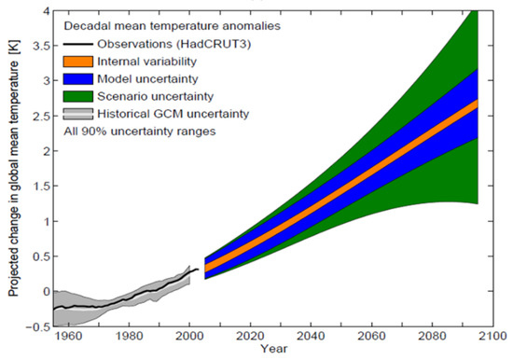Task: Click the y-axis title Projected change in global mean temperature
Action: click(16, 168)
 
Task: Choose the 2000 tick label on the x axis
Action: click(189, 336)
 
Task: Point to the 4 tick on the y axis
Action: click(39, 11)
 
